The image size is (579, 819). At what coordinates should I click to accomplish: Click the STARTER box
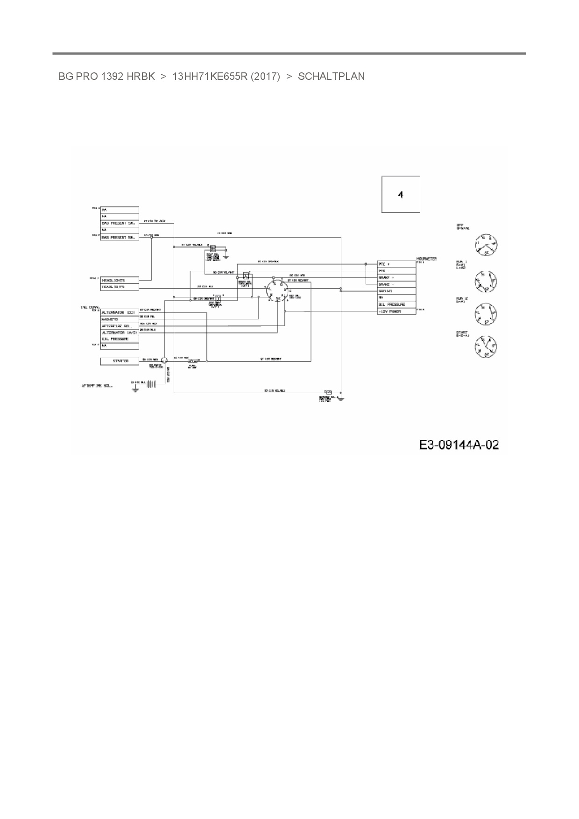120,361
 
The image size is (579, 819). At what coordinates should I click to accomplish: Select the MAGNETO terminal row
120,319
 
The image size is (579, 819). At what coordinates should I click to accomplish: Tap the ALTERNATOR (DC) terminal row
120,312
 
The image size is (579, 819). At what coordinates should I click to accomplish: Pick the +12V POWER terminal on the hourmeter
396,311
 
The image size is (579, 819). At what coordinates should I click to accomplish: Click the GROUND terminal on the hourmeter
396,291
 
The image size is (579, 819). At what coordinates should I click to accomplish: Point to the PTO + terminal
396,264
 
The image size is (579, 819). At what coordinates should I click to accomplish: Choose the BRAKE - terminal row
396,284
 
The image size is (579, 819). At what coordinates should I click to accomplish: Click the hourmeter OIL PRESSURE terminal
396,304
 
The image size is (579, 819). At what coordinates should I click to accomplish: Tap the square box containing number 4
401,194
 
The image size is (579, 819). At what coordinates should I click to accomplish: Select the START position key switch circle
486,347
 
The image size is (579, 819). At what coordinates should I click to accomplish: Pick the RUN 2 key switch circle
486,314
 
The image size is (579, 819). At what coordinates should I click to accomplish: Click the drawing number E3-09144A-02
459,445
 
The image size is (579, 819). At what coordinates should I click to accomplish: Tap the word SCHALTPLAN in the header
331,77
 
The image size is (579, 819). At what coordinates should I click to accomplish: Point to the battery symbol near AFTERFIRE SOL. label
151,384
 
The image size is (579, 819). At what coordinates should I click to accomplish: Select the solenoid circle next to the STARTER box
164,360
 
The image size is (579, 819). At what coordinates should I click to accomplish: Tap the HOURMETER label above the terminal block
426,259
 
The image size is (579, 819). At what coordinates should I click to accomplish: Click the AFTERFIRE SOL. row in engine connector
120,325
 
